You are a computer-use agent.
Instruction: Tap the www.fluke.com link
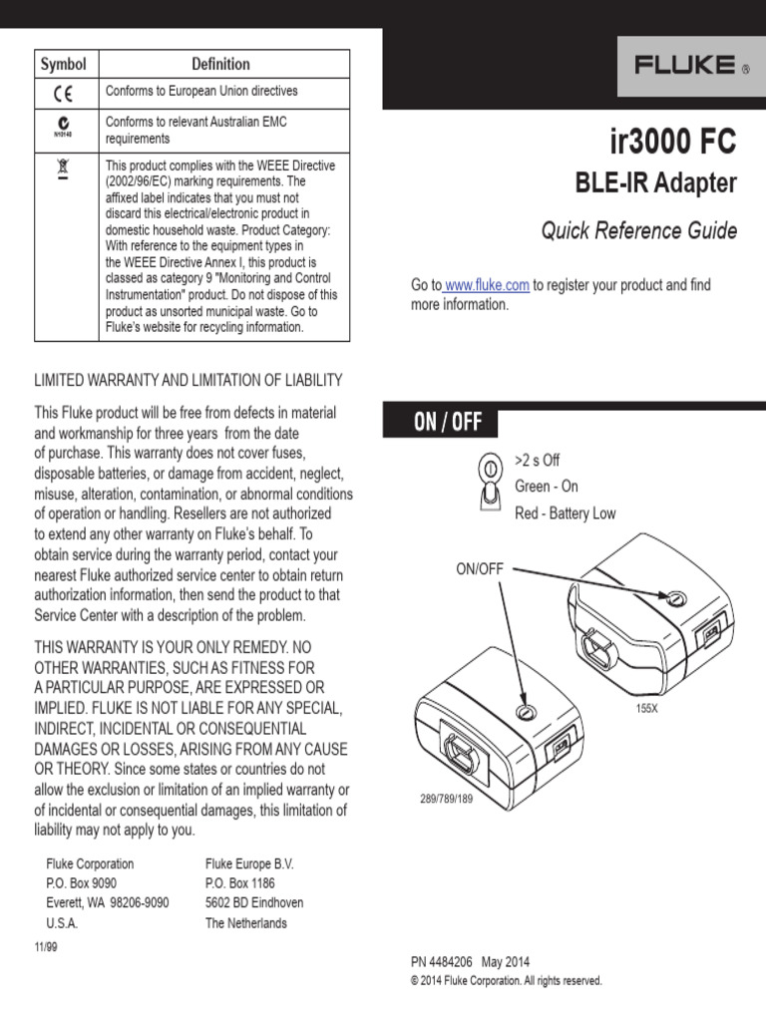click(x=486, y=285)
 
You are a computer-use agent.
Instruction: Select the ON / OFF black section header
click(x=441, y=422)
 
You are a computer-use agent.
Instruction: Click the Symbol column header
click(x=63, y=64)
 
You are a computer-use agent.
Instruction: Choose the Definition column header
click(x=220, y=64)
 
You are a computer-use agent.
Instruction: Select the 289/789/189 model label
click(x=445, y=800)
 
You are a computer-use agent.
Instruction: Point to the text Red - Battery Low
click(x=565, y=513)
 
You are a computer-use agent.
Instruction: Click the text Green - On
click(x=546, y=487)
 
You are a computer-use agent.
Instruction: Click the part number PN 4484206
click(x=442, y=963)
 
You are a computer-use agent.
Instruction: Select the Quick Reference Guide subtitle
click(x=639, y=231)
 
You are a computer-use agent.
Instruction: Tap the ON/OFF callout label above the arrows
click(x=480, y=568)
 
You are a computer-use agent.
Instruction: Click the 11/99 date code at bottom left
click(x=46, y=947)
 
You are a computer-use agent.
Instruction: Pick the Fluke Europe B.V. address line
click(x=249, y=863)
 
